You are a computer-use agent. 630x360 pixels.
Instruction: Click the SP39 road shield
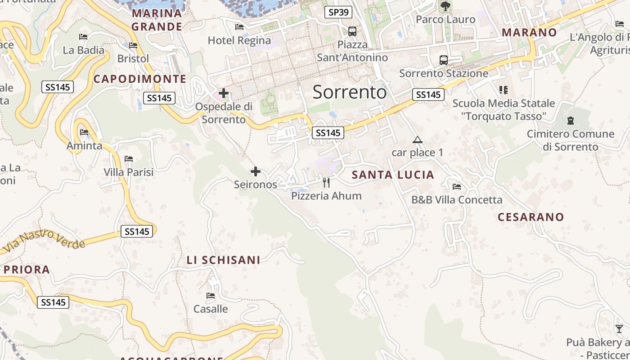[x=338, y=12]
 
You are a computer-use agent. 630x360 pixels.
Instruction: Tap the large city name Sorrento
[x=350, y=92]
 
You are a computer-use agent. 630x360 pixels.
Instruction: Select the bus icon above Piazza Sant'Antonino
[x=352, y=31]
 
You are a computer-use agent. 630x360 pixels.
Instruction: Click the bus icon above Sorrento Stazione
[x=444, y=60]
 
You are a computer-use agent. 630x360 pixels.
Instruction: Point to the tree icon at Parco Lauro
[x=445, y=6]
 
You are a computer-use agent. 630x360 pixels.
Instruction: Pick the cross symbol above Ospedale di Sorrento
[x=224, y=93]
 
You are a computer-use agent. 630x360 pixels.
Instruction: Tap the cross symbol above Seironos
[x=256, y=171]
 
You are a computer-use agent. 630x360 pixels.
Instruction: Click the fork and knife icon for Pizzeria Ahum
[x=326, y=182]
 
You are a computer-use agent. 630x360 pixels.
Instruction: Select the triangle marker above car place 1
[x=418, y=139]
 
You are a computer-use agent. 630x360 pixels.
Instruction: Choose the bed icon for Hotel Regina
[x=239, y=27]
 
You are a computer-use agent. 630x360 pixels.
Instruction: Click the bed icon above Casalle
[x=211, y=296]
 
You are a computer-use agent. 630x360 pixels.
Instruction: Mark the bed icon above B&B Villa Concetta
[x=457, y=186]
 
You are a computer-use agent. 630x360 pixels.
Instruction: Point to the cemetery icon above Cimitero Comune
[x=571, y=120]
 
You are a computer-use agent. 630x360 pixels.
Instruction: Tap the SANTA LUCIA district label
[x=393, y=175]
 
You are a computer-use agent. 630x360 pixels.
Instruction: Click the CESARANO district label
[x=531, y=217]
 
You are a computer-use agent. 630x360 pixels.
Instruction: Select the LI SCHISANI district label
[x=223, y=260]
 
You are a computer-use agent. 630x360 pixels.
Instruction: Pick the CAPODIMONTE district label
[x=140, y=79]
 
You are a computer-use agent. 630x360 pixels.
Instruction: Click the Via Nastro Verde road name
[x=44, y=241]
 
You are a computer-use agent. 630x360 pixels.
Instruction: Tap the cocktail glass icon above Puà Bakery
[x=619, y=329]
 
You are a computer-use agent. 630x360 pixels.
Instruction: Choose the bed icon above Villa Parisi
[x=129, y=158]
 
